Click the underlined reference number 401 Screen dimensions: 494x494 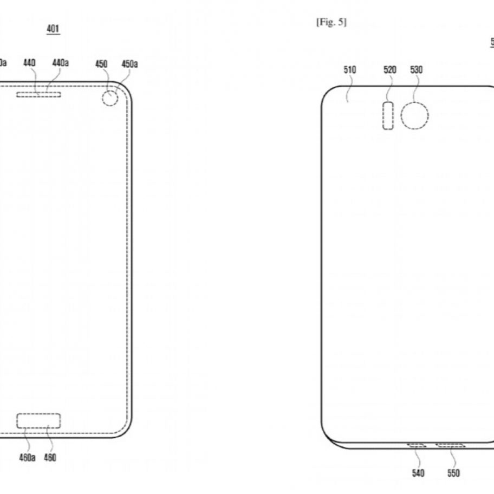53,29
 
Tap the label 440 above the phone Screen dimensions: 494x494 29,63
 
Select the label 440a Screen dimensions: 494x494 60,63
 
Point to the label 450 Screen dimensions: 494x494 101,64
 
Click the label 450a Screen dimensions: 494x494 129,64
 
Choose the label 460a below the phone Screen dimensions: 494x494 27,458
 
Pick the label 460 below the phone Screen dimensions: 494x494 50,458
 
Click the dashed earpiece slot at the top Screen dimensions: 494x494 38,95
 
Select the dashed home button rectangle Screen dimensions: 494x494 38,420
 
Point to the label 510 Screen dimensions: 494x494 349,70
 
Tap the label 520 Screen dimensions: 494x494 390,70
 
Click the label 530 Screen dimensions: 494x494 417,70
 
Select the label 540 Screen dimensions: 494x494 418,473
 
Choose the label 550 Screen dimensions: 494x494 453,473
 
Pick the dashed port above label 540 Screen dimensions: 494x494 417,445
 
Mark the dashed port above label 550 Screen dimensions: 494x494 451,445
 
